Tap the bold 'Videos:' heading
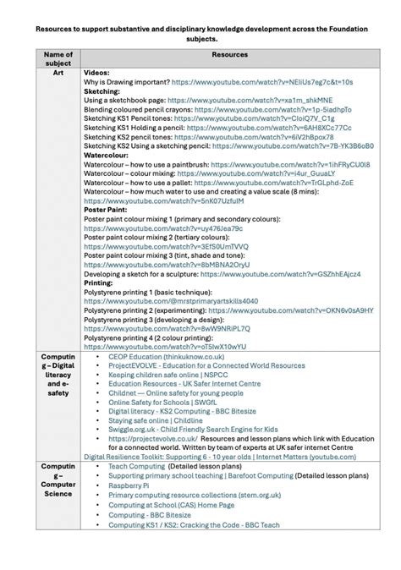(x=97, y=74)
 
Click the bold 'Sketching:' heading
(x=102, y=91)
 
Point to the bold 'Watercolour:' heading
(x=106, y=155)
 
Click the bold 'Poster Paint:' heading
(x=106, y=209)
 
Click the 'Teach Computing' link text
(x=135, y=466)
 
